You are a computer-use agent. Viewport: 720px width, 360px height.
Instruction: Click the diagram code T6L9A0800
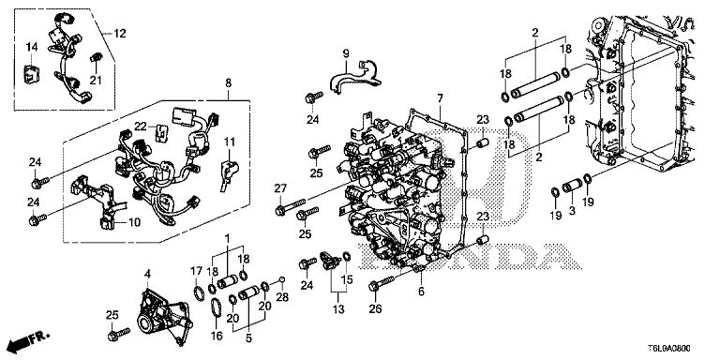(x=670, y=349)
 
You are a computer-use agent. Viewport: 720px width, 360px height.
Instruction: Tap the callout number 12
(x=120, y=34)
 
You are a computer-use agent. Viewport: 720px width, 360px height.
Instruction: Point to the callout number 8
(x=228, y=83)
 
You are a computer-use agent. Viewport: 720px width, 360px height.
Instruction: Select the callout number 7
(x=440, y=97)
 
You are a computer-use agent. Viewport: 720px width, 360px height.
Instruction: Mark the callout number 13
(x=338, y=309)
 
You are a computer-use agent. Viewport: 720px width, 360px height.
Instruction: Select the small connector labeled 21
(x=97, y=58)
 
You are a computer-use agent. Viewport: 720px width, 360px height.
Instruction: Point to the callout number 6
(x=421, y=291)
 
